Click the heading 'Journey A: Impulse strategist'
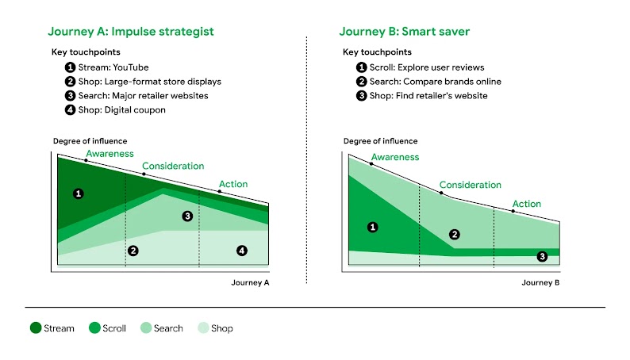point(130,32)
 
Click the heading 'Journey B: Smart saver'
point(404,32)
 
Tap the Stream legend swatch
point(36,328)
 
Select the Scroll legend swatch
point(94,328)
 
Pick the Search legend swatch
point(147,328)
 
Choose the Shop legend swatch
point(203,328)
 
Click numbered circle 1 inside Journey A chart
point(78,193)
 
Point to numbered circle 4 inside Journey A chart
point(242,251)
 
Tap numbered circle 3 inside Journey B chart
point(542,256)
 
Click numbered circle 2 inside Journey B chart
point(455,234)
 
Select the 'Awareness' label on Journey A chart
point(109,154)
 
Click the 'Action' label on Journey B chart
point(526,204)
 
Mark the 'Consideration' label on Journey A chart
point(173,167)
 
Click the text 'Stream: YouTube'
point(113,67)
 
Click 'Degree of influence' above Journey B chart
point(380,141)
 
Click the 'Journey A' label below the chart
point(250,282)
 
